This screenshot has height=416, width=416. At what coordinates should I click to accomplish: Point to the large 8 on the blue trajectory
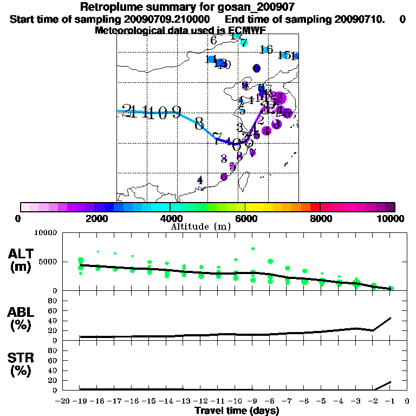(199, 123)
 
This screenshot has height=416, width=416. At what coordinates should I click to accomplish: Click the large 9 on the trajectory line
(176, 112)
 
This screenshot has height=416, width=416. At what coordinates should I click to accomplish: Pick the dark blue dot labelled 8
(256, 68)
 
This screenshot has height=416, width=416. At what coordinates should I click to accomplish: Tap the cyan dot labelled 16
(265, 50)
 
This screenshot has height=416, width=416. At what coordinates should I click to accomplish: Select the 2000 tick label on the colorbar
(95, 218)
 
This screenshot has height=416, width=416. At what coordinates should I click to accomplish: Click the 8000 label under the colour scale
(320, 218)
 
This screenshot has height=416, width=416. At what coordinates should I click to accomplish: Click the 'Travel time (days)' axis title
(237, 411)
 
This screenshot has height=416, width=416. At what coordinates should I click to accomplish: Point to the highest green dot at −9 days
(253, 249)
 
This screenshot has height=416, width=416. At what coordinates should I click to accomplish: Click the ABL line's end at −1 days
(391, 318)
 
